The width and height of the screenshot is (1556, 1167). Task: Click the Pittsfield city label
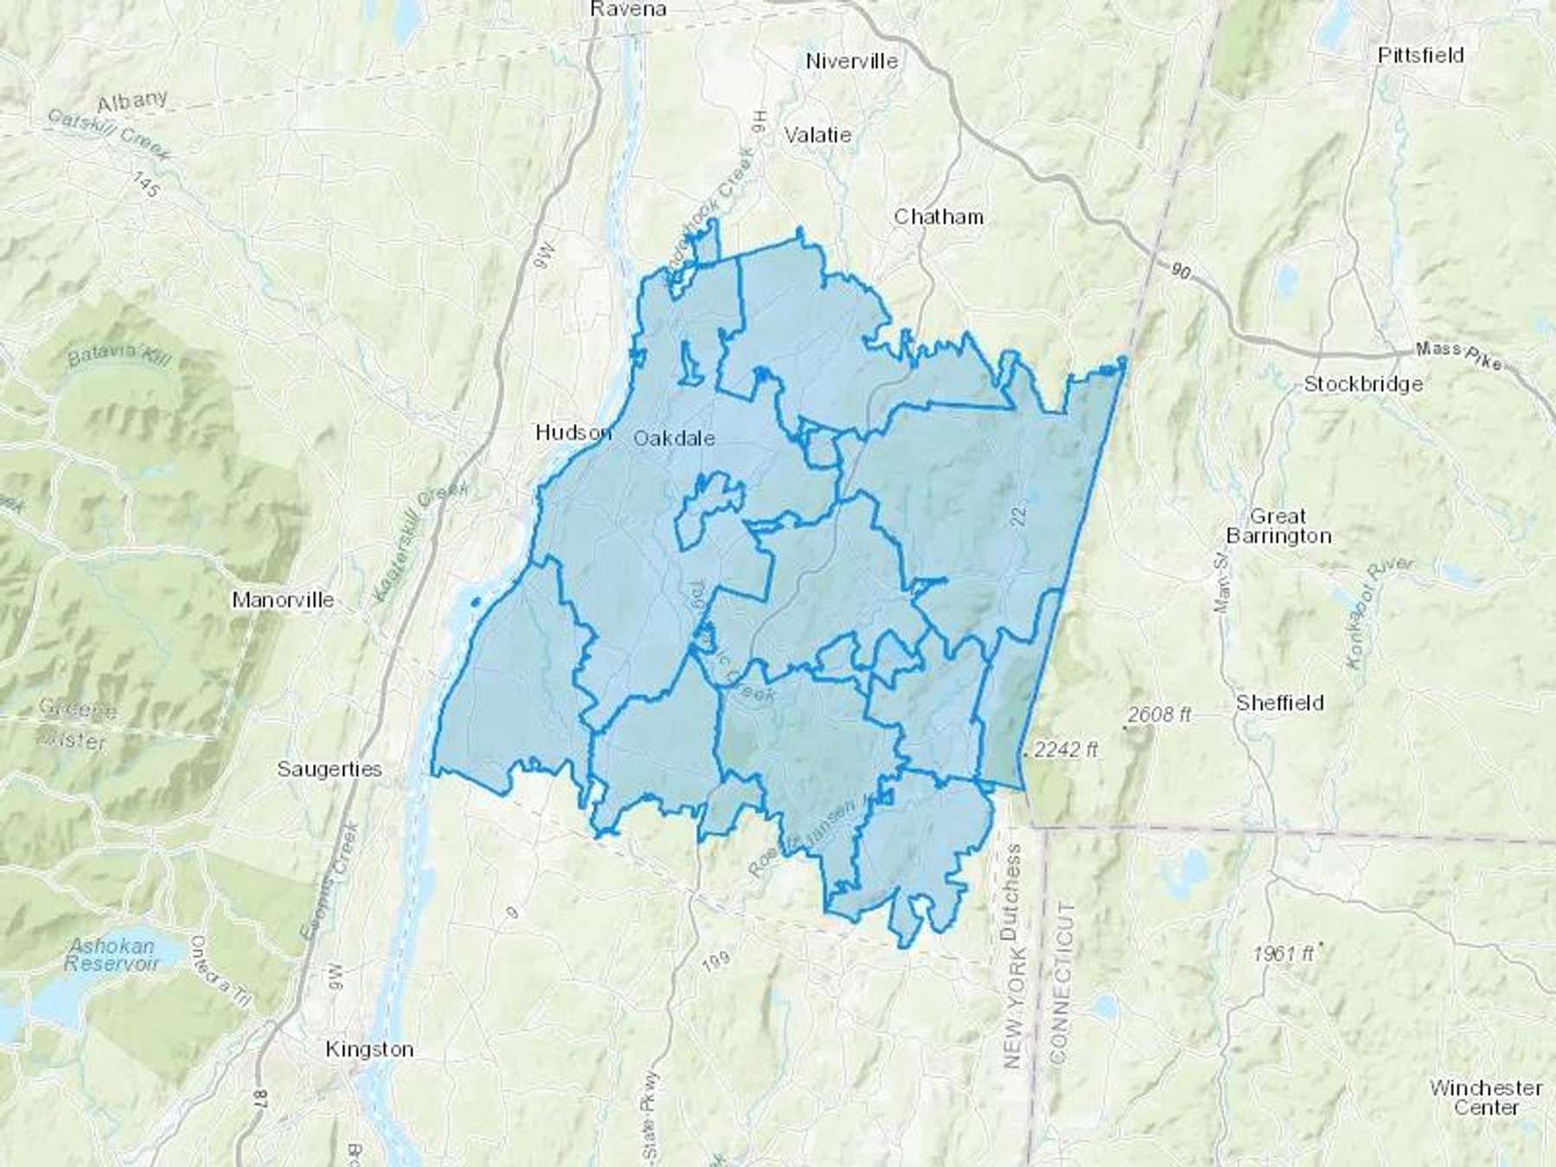(1420, 55)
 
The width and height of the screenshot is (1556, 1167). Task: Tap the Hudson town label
(573, 432)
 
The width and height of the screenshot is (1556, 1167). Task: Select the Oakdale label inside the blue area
(674, 438)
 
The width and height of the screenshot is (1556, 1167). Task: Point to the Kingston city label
(369, 1049)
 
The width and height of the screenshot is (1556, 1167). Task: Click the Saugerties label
(329, 768)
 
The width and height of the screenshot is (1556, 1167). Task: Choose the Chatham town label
(938, 216)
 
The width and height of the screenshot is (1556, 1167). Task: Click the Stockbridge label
(1362, 384)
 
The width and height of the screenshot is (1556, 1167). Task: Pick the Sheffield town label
(1279, 703)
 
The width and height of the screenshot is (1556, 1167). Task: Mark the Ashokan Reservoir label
(113, 954)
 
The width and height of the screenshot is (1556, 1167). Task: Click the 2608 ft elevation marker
(1159, 715)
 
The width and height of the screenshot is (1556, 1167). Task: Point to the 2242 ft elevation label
(1065, 750)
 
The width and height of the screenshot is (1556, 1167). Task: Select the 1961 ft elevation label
(1283, 953)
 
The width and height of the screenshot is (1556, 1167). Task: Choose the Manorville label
(283, 600)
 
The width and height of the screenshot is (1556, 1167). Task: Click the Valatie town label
(817, 135)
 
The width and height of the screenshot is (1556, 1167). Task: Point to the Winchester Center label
(1485, 1097)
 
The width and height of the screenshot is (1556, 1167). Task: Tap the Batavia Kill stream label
(118, 356)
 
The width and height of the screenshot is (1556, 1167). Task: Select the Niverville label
(851, 61)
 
